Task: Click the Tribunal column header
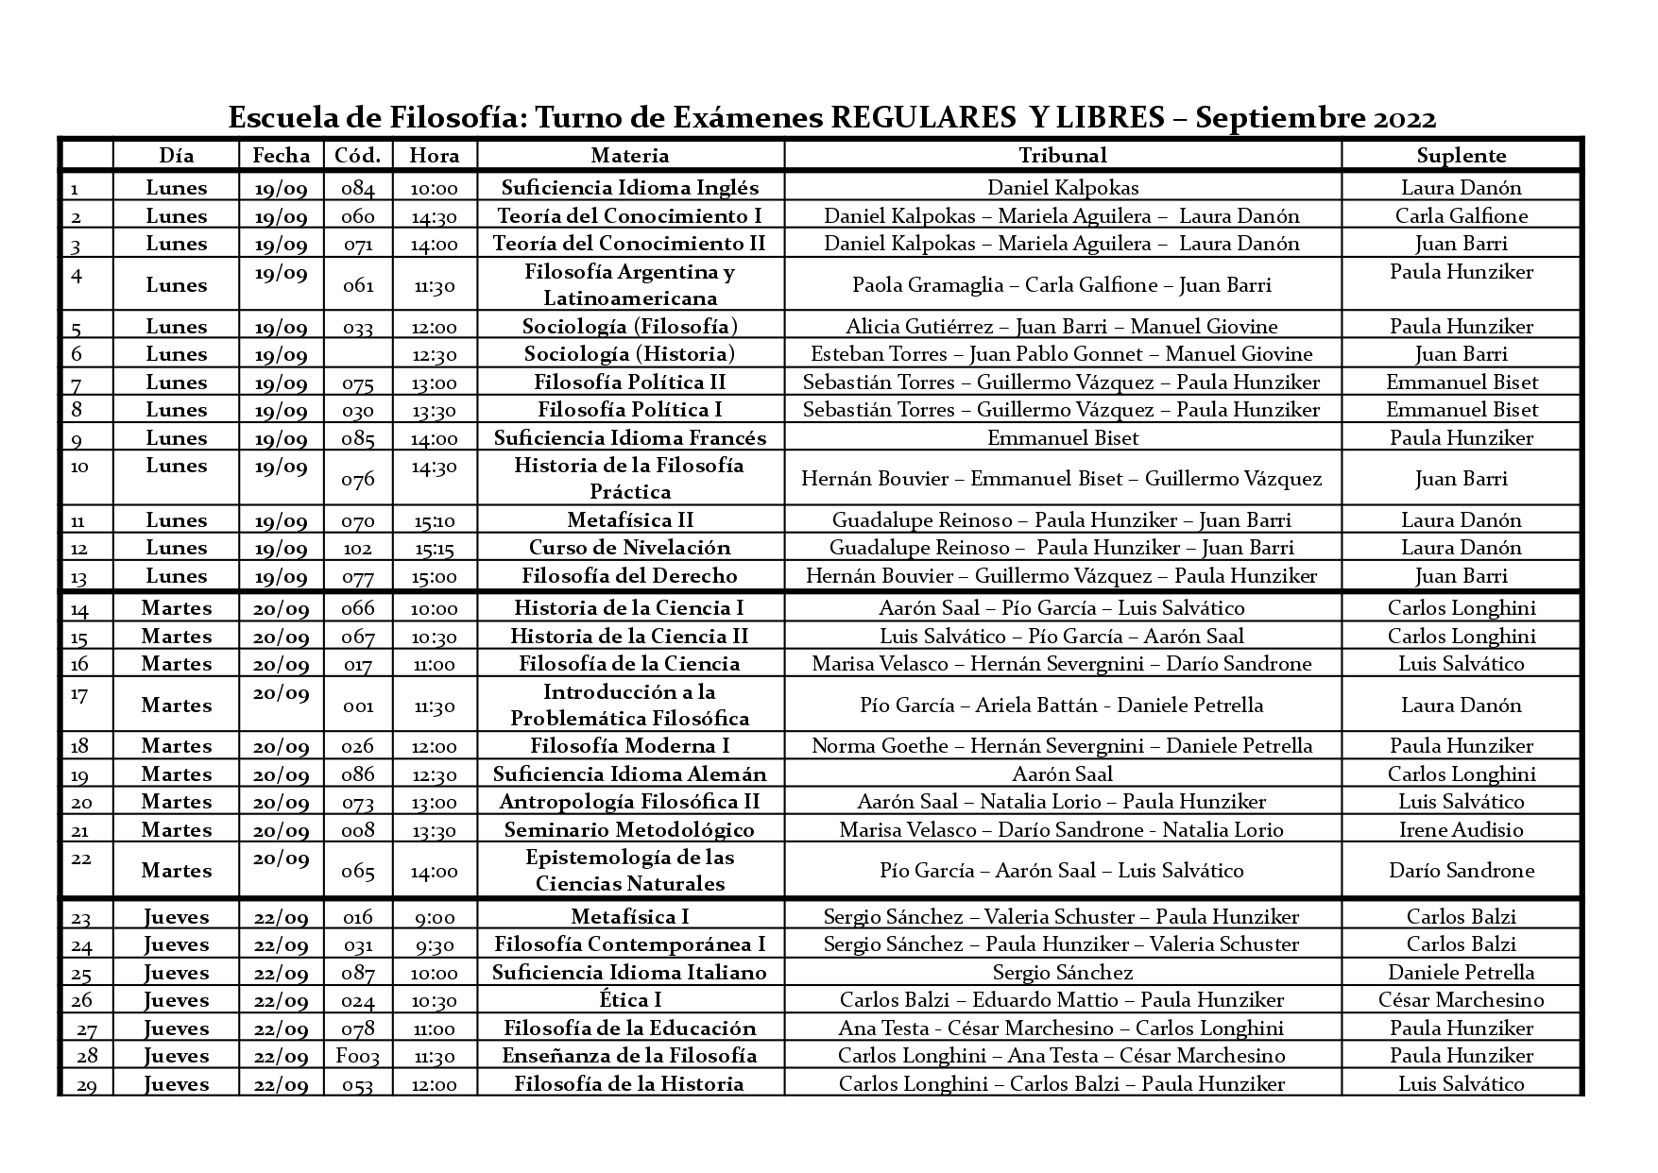(x=1062, y=156)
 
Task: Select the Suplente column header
(x=1461, y=156)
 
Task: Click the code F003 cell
(x=357, y=1057)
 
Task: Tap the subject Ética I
(x=630, y=1000)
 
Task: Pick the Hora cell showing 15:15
(x=435, y=549)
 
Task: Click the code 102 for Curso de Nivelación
(x=357, y=549)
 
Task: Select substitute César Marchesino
(x=1461, y=1000)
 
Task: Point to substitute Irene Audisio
(x=1461, y=830)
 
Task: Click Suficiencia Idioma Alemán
(x=630, y=774)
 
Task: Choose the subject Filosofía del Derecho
(x=630, y=576)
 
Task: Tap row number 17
(x=79, y=695)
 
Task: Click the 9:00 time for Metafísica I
(x=435, y=917)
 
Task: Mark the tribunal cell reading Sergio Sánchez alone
(x=1062, y=973)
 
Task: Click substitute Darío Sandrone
(x=1461, y=871)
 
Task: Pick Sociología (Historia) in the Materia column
(x=630, y=354)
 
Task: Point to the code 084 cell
(x=357, y=188)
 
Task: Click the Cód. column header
(x=357, y=156)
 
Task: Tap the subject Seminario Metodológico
(x=630, y=830)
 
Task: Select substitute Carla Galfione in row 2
(x=1461, y=216)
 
